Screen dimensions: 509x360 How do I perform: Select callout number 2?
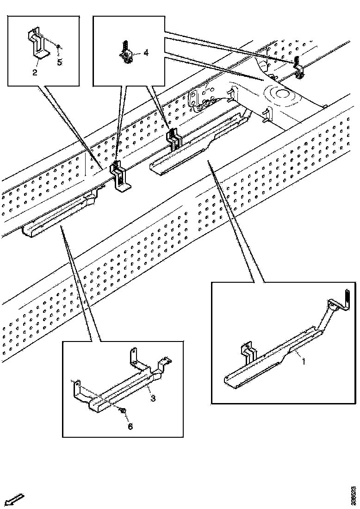35,73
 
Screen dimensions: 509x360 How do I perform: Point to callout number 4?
146,53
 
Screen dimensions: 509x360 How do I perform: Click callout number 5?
60,62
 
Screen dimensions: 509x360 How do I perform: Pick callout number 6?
130,426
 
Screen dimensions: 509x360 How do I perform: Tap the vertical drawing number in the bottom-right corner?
353,495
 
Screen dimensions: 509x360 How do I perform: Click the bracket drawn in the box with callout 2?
38,46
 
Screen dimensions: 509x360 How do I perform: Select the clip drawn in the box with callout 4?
126,52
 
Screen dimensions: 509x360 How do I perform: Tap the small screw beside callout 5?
58,47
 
